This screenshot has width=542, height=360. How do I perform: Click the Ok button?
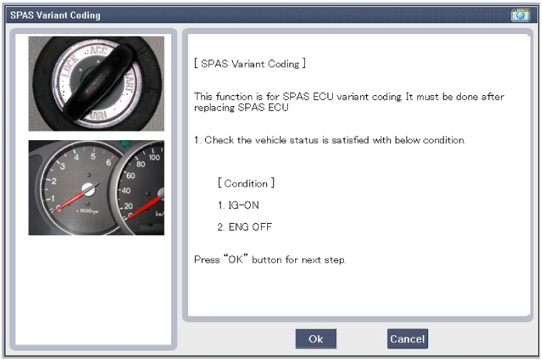(316, 338)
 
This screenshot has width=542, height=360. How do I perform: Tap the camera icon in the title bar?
(520, 15)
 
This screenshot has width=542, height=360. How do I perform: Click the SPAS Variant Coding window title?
(55, 15)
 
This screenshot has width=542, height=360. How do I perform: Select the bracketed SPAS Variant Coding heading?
(250, 63)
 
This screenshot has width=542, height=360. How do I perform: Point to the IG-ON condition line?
(238, 205)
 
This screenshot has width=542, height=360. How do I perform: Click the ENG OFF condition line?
(245, 227)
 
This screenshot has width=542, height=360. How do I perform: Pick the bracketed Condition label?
(246, 183)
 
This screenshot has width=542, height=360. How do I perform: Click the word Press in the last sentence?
(207, 259)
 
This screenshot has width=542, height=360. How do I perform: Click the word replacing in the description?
(214, 108)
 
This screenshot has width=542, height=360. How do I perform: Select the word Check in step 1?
(219, 140)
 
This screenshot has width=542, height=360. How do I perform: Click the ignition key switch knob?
(98, 82)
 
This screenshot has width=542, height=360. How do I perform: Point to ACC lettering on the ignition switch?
(98, 51)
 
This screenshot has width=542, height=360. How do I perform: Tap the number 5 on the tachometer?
(93, 156)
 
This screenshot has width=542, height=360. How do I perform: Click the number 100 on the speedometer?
(154, 157)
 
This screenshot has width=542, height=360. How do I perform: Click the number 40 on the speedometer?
(125, 190)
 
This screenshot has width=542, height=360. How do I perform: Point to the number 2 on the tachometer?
(53, 181)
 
